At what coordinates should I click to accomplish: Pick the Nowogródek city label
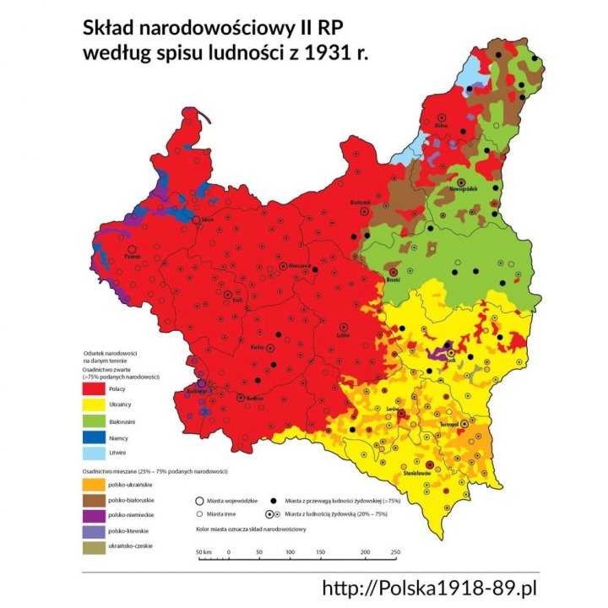pos(464,190)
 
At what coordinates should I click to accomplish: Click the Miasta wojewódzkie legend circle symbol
pos(199,500)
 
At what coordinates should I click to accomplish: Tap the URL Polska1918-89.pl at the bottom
pos(431,588)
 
